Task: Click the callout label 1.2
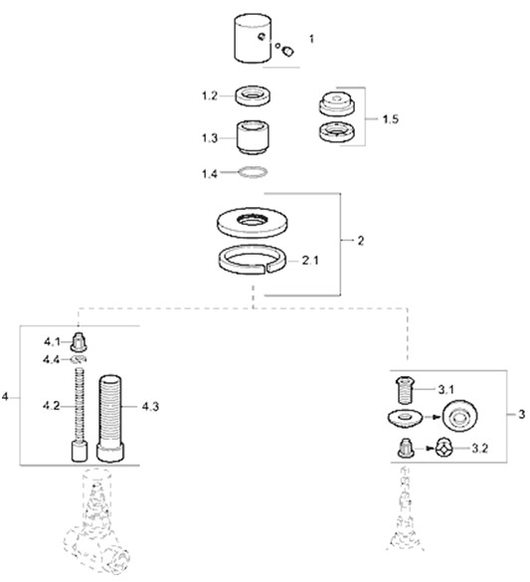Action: tap(209, 97)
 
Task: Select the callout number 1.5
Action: tap(390, 119)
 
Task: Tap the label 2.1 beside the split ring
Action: tap(309, 261)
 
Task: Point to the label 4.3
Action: tap(150, 407)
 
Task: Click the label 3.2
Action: tap(479, 449)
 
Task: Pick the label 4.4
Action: tap(51, 359)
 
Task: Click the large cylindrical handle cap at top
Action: tap(253, 39)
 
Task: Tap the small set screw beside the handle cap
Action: tap(287, 51)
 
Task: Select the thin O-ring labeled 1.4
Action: tap(253, 172)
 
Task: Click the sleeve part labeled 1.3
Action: tap(253, 137)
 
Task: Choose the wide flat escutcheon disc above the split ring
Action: tap(253, 223)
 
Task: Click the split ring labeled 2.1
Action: tap(253, 259)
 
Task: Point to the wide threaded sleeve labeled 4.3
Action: tap(110, 418)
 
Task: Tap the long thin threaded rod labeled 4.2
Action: tap(80, 414)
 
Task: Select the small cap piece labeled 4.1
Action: tap(79, 342)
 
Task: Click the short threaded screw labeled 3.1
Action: tap(406, 390)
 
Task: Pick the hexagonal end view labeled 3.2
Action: tap(444, 449)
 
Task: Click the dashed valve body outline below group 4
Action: tap(95, 523)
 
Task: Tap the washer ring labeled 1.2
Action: tap(253, 96)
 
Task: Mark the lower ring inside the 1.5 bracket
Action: tap(336, 131)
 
